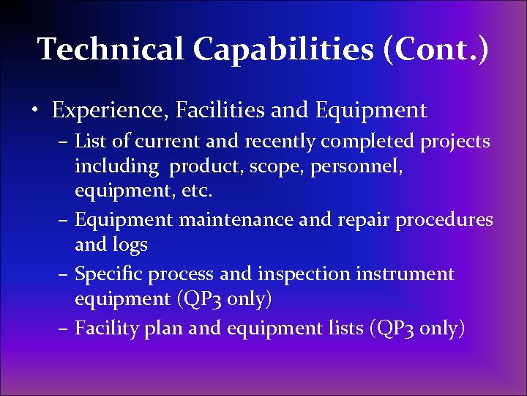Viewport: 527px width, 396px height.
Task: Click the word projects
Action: [455, 141]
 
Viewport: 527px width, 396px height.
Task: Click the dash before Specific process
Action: [64, 275]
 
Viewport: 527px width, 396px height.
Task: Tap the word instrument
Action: [405, 274]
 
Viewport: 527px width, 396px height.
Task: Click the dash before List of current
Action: [64, 142]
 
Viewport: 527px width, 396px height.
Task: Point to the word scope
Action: [272, 166]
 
